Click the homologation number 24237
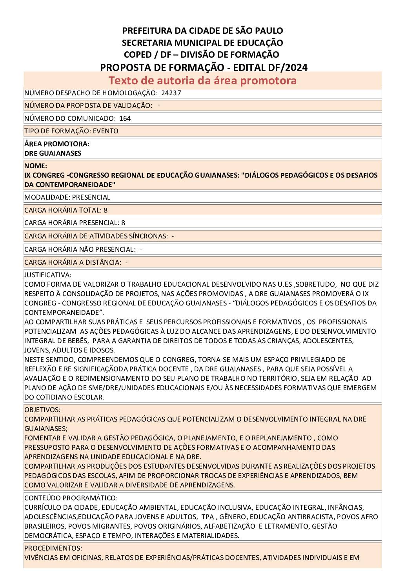171,93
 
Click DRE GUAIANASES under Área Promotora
53,153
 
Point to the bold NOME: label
36,166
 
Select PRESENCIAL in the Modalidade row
91,197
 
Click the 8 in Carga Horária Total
106,210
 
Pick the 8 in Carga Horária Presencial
123,223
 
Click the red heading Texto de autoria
202,80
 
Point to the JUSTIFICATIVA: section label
48,275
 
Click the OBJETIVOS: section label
42,410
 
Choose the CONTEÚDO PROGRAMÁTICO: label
71,498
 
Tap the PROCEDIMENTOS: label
53,548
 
